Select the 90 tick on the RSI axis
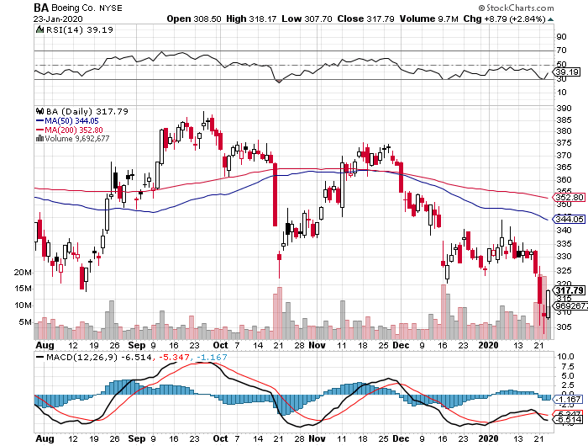(560, 36)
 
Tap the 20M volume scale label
(23, 273)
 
